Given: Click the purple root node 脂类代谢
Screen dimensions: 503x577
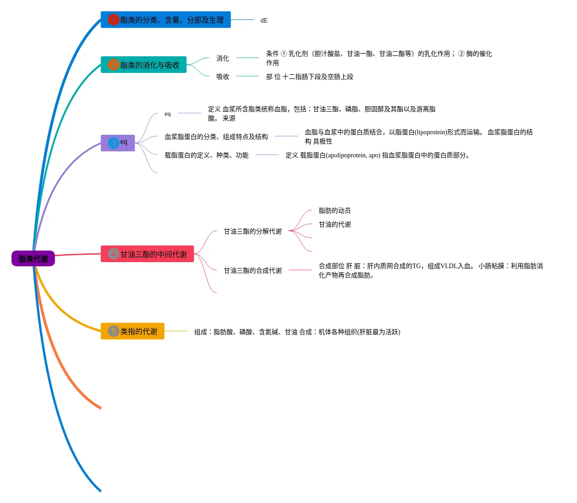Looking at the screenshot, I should point(33,259).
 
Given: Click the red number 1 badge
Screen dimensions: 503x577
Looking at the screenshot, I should point(113,20).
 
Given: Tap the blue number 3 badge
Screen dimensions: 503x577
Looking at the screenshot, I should point(113,143).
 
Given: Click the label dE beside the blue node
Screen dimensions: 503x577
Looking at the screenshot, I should point(264,20).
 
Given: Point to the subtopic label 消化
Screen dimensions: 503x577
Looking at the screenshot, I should point(223,58).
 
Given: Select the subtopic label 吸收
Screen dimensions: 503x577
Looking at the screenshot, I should point(223,77).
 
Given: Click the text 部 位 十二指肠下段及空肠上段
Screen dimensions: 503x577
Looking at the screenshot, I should point(309,77).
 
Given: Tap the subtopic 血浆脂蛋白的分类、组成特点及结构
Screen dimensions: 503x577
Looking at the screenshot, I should point(216,137).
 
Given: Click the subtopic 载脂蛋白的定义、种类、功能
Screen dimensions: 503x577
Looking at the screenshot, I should point(207,155).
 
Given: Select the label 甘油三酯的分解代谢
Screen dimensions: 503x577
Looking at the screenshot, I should point(253,231).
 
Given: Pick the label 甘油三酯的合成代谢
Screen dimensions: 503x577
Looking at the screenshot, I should point(253,270).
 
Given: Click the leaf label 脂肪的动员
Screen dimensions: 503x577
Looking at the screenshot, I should point(334,210).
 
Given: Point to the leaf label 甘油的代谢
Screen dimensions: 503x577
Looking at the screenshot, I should point(334,224).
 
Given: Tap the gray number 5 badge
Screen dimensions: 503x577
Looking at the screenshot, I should point(113,331).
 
